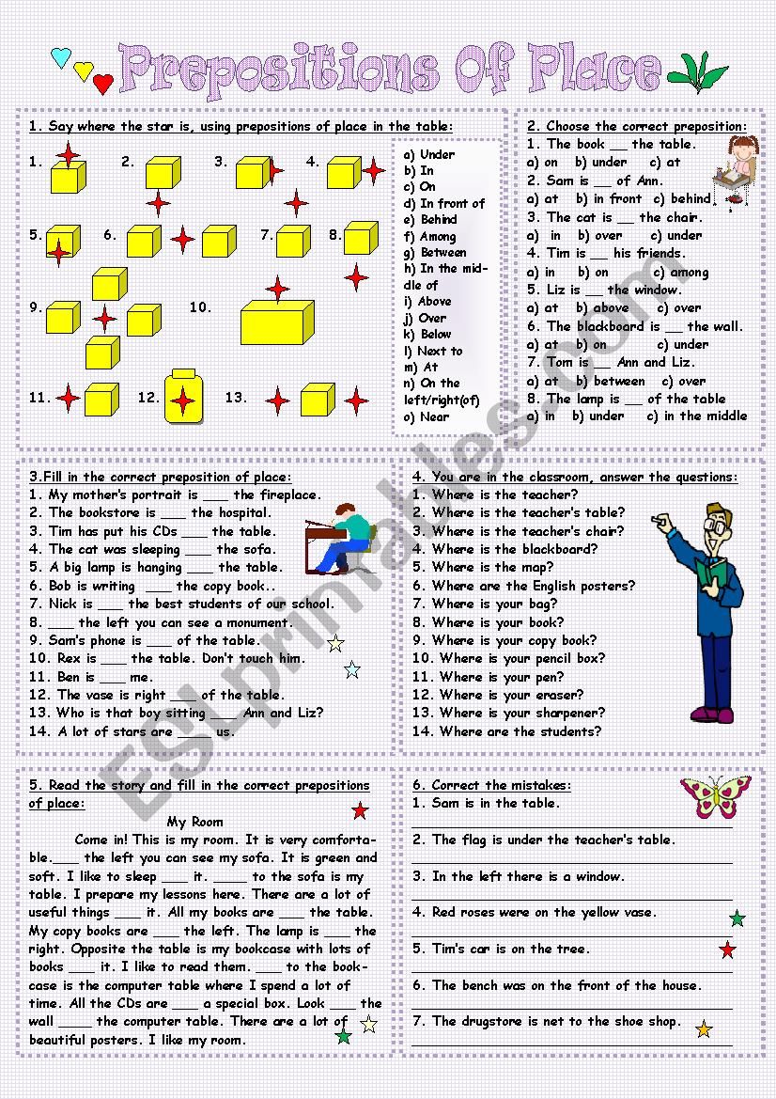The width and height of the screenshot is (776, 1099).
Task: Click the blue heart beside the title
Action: [61, 58]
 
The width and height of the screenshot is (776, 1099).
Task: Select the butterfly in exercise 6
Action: [716, 795]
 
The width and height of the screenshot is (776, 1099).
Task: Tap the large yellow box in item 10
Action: [277, 323]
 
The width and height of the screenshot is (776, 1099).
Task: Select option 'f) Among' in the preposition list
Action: [430, 237]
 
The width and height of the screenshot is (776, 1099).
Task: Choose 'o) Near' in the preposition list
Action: [427, 416]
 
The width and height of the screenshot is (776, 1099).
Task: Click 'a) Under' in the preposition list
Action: [429, 154]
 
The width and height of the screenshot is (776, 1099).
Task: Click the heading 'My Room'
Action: [195, 821]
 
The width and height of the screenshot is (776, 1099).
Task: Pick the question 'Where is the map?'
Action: [491, 567]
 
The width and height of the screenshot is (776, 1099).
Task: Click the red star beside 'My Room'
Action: [360, 810]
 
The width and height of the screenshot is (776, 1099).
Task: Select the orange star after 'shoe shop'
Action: [704, 1028]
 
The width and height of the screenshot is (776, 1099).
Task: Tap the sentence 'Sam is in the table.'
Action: [486, 803]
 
